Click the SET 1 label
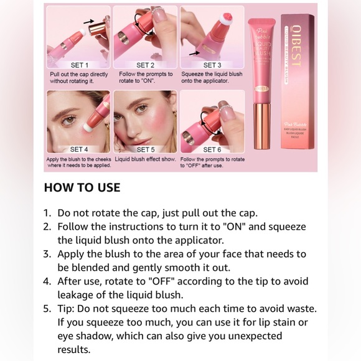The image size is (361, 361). [x=79, y=65]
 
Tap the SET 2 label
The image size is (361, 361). [x=145, y=65]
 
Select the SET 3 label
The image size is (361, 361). [x=212, y=65]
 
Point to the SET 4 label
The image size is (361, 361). [x=79, y=149]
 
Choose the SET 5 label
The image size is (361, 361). [x=145, y=149]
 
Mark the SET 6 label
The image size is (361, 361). [x=212, y=149]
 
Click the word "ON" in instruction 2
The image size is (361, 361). [x=242, y=227]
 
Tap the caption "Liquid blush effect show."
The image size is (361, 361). [x=145, y=159]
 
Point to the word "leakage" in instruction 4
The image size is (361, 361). [x=75, y=294]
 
